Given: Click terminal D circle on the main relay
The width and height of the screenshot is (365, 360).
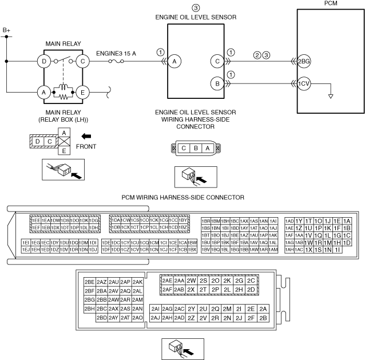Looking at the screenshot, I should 43,60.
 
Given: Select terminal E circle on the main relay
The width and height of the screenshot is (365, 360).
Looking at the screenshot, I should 83,91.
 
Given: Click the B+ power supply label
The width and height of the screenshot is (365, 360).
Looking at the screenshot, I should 7,29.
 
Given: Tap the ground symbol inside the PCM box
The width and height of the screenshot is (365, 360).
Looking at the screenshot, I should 330,95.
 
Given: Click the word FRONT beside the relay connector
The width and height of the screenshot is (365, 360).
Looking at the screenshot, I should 87,146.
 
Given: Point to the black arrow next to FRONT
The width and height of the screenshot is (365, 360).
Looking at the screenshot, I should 86,137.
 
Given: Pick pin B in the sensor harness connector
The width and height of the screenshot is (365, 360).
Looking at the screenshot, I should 196,148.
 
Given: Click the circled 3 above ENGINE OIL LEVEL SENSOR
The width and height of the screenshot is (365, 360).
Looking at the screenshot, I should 196,8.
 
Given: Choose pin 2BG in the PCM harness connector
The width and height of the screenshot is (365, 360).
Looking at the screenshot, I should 89,299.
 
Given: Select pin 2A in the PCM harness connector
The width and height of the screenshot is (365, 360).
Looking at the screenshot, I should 263,309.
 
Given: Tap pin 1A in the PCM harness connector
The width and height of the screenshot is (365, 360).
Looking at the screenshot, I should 347,221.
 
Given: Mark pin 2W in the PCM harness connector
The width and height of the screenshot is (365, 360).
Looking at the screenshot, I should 191,281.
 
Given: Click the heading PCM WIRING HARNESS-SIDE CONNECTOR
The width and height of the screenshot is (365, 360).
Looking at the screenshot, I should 182,197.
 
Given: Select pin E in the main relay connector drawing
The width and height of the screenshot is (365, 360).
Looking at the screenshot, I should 65,151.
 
